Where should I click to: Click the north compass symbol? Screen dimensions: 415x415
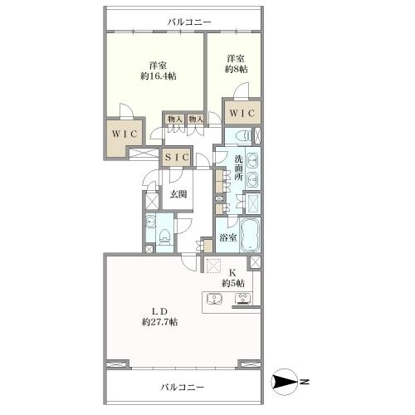[x=285, y=383]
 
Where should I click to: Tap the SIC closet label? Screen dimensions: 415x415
[x=177, y=158]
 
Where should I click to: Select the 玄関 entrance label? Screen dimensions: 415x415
[x=178, y=194]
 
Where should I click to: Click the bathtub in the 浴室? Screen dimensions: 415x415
[x=251, y=235]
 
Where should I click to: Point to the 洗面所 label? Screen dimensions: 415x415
[x=239, y=168]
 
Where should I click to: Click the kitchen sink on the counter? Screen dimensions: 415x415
[x=215, y=299]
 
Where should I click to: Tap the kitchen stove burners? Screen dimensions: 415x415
[x=243, y=299]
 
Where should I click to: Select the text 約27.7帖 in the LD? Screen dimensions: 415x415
[x=160, y=322]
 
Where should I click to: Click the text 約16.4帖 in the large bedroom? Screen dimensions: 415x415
[x=159, y=76]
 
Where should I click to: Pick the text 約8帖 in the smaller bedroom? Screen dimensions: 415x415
[x=236, y=69]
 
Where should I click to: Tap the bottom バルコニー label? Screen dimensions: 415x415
[x=183, y=387]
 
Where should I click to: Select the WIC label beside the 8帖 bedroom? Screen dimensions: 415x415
[x=242, y=113]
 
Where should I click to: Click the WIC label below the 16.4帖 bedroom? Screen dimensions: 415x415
[x=124, y=134]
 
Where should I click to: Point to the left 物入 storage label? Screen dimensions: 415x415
[x=175, y=120]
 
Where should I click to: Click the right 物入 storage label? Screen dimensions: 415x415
[x=196, y=120]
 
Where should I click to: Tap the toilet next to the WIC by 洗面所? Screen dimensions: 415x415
[x=243, y=135]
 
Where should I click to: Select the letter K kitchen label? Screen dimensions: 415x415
[x=232, y=273]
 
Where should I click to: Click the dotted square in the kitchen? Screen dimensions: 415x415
[x=213, y=266]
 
